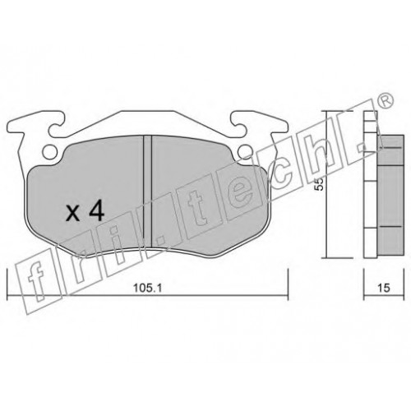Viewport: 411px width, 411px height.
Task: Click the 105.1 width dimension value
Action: click(148, 288)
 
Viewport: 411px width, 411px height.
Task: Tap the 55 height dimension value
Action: click(319, 184)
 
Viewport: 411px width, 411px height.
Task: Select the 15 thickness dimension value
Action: click(384, 288)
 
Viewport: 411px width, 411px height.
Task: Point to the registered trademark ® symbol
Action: click(386, 101)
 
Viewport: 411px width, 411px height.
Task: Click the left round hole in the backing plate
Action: click(50, 152)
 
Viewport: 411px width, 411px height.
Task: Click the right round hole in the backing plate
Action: click(245, 151)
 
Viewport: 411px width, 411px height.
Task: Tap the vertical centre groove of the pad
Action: click(148, 191)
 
